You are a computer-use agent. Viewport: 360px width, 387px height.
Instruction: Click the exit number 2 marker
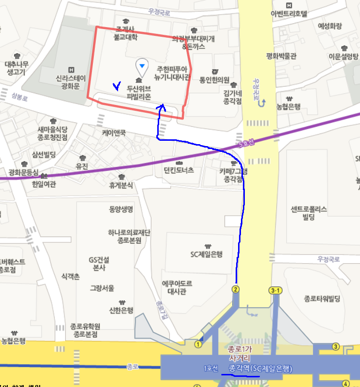click(236, 289)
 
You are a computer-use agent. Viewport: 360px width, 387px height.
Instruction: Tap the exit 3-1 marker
click(275, 290)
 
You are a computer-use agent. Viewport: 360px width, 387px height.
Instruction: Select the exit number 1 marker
click(198, 344)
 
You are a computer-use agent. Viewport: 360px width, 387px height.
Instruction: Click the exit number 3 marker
click(335, 346)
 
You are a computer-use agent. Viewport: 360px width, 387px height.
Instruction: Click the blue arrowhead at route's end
click(162, 108)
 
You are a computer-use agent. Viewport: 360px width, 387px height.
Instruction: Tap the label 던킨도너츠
click(179, 170)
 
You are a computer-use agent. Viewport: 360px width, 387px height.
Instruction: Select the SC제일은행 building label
click(206, 254)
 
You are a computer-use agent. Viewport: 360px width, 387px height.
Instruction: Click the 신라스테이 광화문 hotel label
click(71, 82)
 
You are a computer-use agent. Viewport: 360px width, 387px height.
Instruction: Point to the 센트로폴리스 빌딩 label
click(309, 213)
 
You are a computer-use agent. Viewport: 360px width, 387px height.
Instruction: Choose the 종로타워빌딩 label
click(322, 298)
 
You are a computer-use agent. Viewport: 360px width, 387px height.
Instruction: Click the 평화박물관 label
click(281, 56)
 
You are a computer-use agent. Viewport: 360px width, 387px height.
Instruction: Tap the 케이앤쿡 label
click(114, 132)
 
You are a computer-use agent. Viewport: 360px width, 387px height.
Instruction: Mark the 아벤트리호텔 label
click(289, 13)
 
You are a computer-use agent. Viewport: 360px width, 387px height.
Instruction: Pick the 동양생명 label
click(121, 209)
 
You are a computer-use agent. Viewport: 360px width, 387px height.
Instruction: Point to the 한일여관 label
click(44, 184)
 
